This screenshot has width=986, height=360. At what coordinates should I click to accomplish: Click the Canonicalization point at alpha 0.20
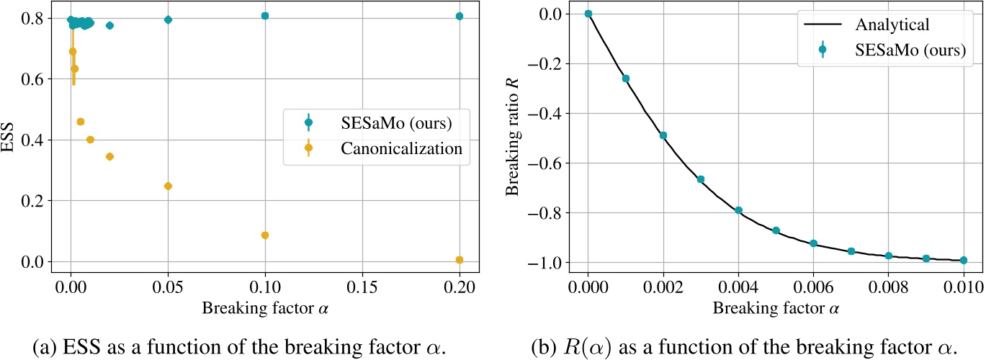point(459,260)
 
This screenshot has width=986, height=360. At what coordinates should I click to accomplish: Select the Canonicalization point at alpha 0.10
point(265,235)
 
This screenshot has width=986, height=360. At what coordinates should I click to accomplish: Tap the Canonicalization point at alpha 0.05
point(168,186)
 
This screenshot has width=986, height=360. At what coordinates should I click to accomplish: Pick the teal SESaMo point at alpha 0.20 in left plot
point(459,16)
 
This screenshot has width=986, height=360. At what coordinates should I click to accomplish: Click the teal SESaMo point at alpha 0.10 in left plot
point(265,15)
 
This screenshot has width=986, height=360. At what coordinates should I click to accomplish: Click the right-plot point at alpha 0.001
point(625,78)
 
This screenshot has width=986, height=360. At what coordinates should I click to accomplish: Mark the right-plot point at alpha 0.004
point(738,210)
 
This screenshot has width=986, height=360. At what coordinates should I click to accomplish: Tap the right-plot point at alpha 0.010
point(963,260)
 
